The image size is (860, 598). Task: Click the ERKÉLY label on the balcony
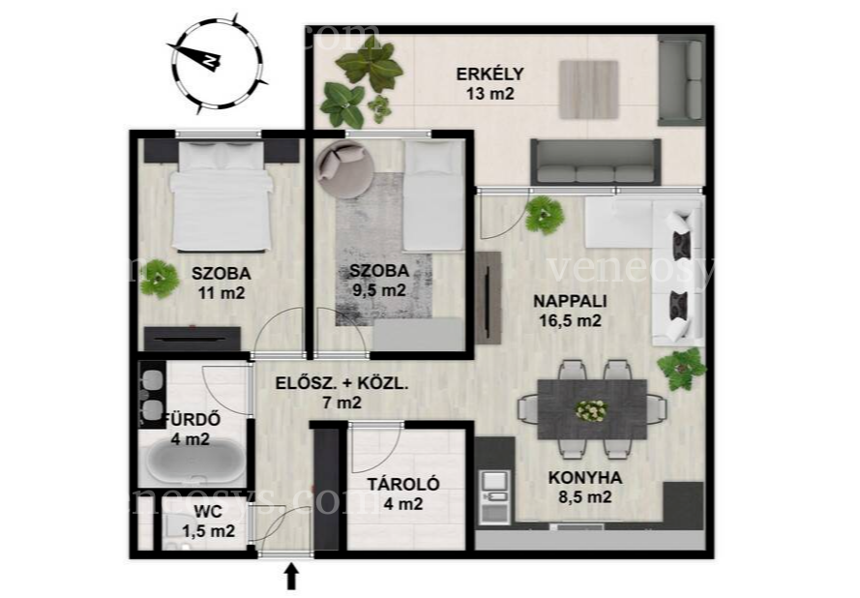tap(489, 74)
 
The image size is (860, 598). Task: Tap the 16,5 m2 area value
tap(571, 320)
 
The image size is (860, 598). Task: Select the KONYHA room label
tap(585, 478)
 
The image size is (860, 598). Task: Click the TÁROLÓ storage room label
tap(403, 485)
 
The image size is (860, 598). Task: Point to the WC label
tap(208, 512)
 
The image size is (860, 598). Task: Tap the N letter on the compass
tap(209, 60)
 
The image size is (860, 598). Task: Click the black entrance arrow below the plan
tap(292, 577)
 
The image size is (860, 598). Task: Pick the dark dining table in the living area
tap(592, 409)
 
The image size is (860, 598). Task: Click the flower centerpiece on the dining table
tap(591, 410)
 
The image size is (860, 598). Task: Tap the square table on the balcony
tap(589, 89)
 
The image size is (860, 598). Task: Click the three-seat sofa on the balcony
tap(596, 163)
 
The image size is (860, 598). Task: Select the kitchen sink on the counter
tap(494, 496)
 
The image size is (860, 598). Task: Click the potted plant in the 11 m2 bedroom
tap(159, 279)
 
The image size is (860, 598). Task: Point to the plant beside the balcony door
tap(544, 216)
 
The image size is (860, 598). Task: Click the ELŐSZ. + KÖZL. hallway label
tap(341, 383)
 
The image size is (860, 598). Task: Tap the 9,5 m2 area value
tap(379, 289)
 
